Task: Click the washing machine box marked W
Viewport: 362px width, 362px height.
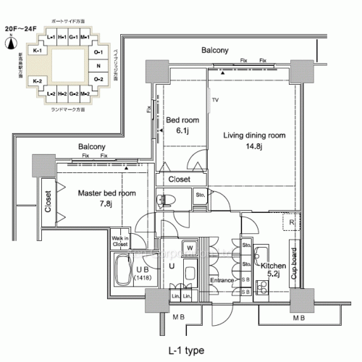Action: coord(189,248)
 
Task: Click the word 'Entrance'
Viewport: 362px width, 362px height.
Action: coord(223,280)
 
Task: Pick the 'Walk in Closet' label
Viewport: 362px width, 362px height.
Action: coord(120,240)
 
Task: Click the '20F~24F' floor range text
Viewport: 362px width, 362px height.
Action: coord(20,28)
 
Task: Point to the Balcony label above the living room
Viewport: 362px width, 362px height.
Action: coord(215,50)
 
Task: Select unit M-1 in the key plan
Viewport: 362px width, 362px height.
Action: coord(85,37)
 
